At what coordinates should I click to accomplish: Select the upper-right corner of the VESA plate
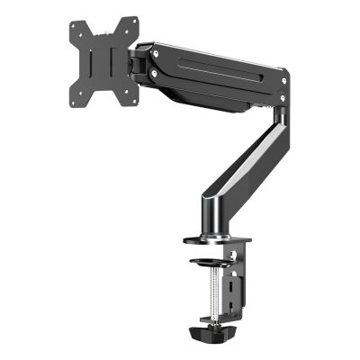pos(134,20)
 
